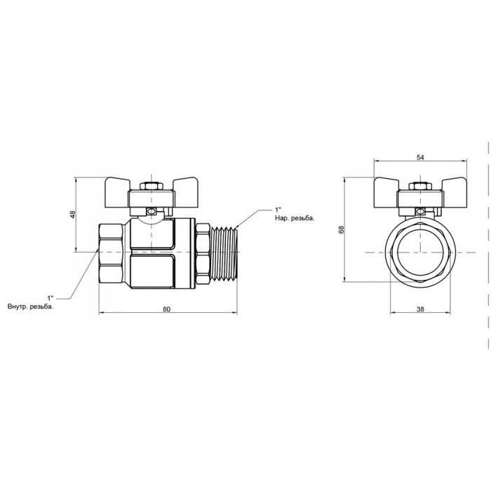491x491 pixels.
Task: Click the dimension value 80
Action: click(x=167, y=309)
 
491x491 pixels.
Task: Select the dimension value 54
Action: click(x=420, y=158)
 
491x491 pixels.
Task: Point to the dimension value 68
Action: click(x=342, y=229)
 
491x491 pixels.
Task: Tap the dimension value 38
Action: click(x=420, y=309)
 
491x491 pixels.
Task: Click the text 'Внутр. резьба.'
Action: click(x=30, y=307)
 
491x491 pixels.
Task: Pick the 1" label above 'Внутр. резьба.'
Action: click(x=51, y=297)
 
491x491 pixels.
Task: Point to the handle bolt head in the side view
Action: click(x=152, y=187)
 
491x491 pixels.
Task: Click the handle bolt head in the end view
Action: click(x=420, y=187)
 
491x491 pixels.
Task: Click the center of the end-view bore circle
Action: click(x=420, y=252)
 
